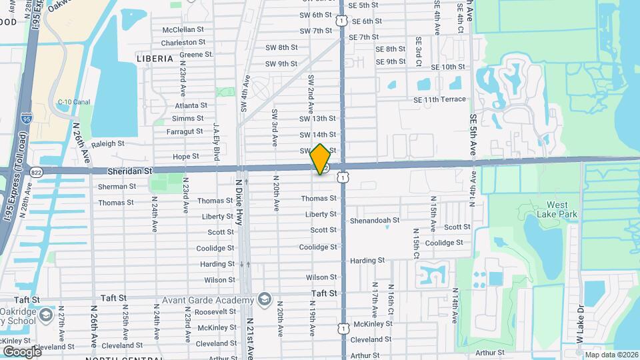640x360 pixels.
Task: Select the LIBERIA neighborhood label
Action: tap(155, 59)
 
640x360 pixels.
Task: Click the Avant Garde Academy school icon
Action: tap(265, 298)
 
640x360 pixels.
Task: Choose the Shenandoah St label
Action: tap(374, 220)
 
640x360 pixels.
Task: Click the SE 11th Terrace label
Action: tap(439, 99)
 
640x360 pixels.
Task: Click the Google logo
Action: tap(22, 351)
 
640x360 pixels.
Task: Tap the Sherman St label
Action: tap(117, 187)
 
